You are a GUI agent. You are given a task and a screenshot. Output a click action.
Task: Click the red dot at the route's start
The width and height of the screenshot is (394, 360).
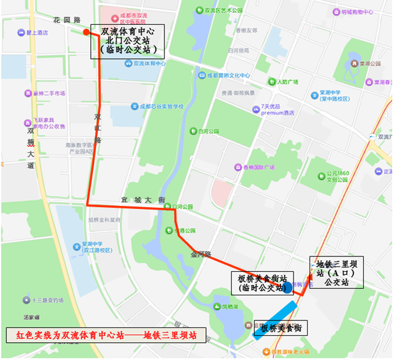point(86,31)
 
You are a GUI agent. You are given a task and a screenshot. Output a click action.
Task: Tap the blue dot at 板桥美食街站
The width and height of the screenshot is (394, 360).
point(287,288)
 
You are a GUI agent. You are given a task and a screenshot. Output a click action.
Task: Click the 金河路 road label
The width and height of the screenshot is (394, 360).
point(200,254)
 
